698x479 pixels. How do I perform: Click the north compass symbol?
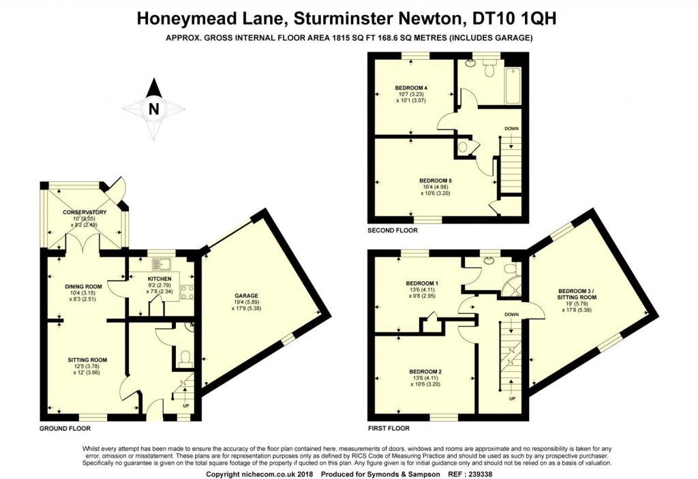coord(154,107)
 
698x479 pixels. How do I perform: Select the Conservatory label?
coord(85,212)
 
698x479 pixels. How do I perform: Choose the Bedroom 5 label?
coord(436,180)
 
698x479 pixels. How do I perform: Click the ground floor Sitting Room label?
coord(87,359)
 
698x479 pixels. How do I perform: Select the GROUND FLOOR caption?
coord(65,429)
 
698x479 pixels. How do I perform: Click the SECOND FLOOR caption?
coord(392,230)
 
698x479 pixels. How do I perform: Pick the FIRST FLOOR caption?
coord(389,429)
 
